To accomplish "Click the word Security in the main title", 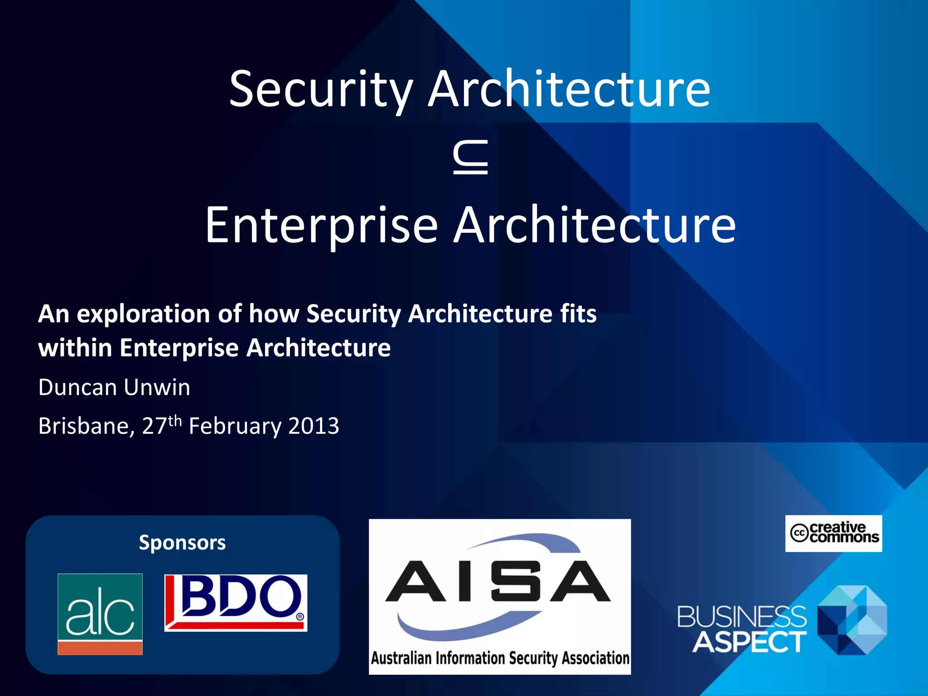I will pos(321,90).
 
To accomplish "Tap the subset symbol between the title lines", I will pos(470,157).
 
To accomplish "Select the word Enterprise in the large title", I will pos(321,226).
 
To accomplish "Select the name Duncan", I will pos(78,387).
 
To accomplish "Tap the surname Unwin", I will pos(157,387).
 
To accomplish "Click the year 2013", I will pos(314,426).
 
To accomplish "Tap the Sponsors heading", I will pos(182,542).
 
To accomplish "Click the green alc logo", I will pos(100,614).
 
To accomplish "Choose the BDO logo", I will pos(236,603).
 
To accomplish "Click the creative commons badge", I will pos(833,533).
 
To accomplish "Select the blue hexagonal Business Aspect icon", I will pos(852,620).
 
